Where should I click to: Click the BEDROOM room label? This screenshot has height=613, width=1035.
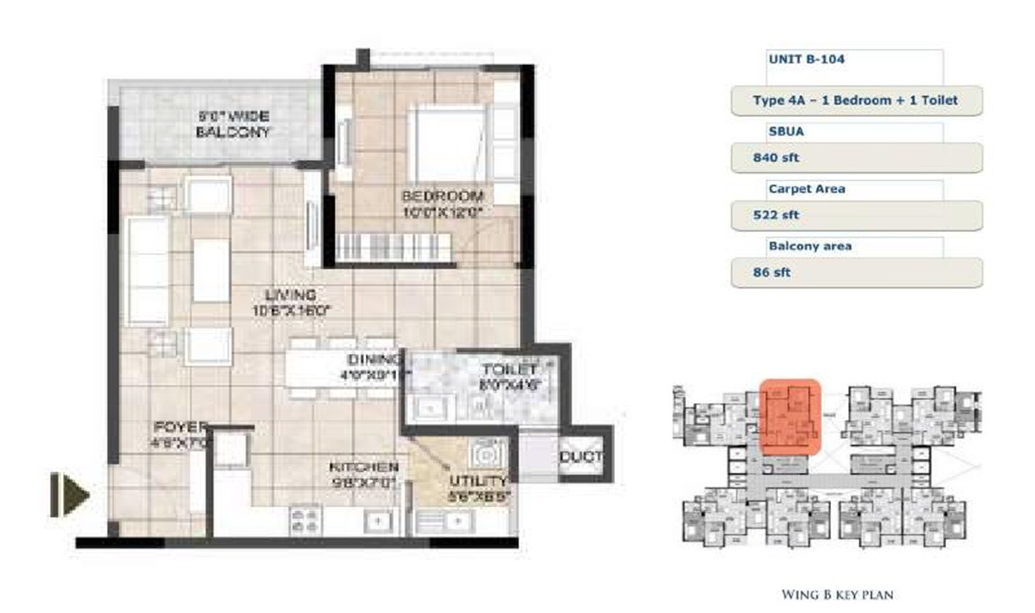442,197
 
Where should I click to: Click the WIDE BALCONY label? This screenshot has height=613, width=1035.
232,124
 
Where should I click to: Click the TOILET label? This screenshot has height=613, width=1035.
509,369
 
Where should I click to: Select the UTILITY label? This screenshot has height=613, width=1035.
478,481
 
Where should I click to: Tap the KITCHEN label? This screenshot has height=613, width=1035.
364,467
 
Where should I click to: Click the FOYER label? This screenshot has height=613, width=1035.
181,427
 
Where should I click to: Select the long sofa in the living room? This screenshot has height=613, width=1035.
147,271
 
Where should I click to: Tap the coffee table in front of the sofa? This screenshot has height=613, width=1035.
211,271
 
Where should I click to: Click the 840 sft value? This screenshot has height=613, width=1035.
776,158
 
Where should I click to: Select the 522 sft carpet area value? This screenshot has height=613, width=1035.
776,215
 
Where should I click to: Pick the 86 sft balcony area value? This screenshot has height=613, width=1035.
772,272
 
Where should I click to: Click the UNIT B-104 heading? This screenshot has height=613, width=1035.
806,58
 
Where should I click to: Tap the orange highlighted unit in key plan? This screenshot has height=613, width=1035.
790,416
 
